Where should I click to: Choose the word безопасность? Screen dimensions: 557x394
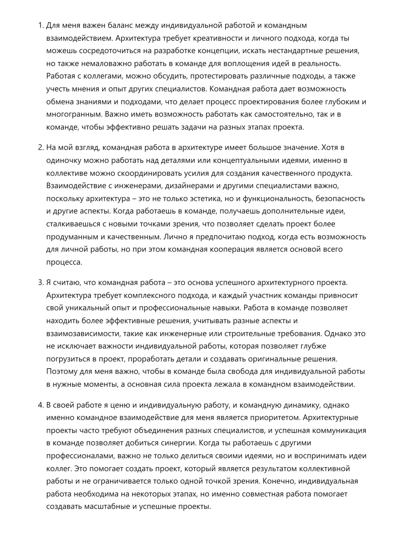(340, 199)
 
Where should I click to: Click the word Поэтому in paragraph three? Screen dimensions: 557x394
(62, 371)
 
